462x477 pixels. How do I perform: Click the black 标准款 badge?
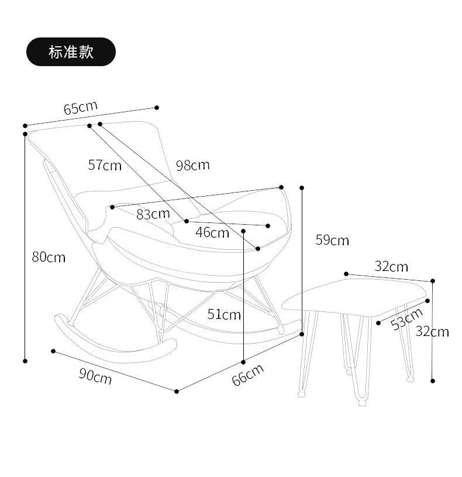[x=71, y=52]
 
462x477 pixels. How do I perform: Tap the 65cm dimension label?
[x=80, y=108]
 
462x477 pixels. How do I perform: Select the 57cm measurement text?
[x=105, y=165]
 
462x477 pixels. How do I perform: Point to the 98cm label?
[x=192, y=165]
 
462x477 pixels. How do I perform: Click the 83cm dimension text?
[x=153, y=214]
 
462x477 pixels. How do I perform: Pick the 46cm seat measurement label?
[x=212, y=233]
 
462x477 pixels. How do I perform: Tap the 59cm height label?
[x=332, y=240]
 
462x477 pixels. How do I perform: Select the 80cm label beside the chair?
[x=49, y=257]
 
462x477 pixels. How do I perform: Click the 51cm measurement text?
[x=224, y=315]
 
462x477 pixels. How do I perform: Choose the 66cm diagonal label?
[x=247, y=375]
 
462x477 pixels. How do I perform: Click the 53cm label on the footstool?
[x=406, y=318]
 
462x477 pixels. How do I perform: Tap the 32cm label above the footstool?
[x=391, y=267]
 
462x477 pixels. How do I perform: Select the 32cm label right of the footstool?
[x=432, y=331]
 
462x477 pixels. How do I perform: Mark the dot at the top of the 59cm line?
[x=302, y=188]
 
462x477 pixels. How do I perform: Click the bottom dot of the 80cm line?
[x=25, y=361]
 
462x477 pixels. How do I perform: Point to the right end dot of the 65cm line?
[x=157, y=107]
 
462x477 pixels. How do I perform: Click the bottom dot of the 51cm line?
[x=243, y=362]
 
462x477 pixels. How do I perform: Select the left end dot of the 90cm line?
[x=53, y=351]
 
